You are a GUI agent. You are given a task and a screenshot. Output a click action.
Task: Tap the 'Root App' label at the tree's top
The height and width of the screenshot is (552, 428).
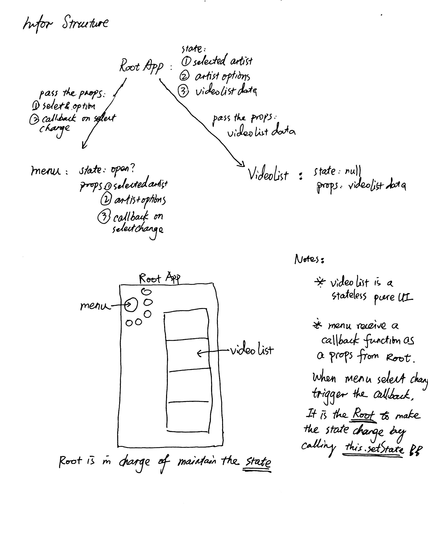coord(141,66)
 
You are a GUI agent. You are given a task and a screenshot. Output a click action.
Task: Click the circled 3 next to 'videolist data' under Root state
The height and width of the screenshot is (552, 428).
coord(183,92)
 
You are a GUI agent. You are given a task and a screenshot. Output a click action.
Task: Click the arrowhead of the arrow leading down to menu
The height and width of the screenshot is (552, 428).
coord(84,146)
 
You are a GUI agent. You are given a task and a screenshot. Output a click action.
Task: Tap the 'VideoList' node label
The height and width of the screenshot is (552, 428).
coord(268,174)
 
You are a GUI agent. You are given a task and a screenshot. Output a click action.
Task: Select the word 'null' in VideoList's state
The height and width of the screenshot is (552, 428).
coord(353,172)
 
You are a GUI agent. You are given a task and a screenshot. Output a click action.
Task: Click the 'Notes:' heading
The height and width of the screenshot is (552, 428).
coord(309,259)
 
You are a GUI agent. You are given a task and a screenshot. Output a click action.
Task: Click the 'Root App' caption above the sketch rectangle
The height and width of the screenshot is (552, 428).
coord(159,278)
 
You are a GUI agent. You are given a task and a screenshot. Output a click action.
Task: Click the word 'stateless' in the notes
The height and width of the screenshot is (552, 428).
coord(349,296)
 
